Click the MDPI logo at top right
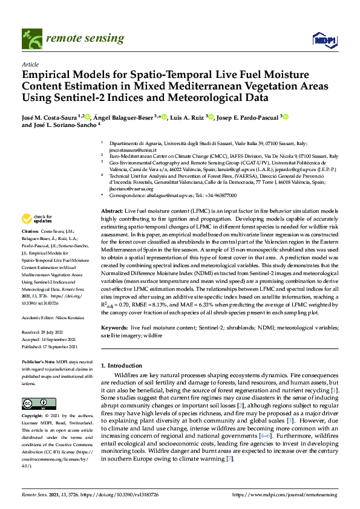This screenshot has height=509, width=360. click(324, 39)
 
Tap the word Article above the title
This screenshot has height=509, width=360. click(30, 63)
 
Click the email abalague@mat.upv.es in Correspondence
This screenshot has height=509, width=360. click(165, 195)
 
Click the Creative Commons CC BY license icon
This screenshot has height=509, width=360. click(34, 403)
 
